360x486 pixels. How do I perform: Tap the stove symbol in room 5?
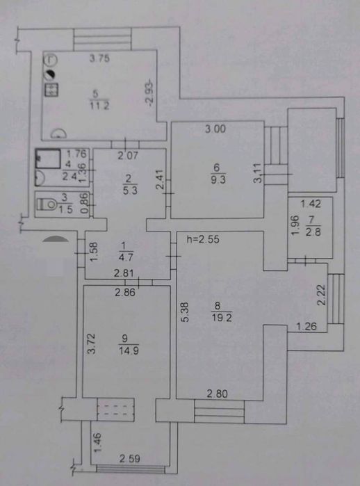pos(51,90)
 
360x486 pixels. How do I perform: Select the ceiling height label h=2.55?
pos(203,239)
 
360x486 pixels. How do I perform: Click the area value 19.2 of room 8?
pos(222,317)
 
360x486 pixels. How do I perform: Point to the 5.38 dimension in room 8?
pos(185,312)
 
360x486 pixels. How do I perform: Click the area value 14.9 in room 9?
pos(129,350)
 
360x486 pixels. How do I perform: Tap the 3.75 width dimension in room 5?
pos(99,58)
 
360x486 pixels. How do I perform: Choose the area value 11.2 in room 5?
pos(99,106)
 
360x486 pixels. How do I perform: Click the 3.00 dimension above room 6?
pos(215,129)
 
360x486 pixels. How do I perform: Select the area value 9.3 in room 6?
pos(218,180)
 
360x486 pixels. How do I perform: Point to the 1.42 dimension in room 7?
pos(311,204)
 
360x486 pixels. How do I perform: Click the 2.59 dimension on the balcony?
pos(130,458)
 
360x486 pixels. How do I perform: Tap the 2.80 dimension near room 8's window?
pos(217,394)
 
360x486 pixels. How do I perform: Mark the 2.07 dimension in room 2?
pos(128,155)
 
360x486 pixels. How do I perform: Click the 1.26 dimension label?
pos(306,326)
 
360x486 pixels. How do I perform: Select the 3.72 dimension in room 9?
pos(91,343)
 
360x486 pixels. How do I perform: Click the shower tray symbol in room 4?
pos(48,159)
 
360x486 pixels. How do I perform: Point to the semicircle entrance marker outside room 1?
pos(55,238)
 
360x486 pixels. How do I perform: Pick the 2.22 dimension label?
pos(322,295)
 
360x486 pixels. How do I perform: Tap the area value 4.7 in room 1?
pos(126,257)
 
